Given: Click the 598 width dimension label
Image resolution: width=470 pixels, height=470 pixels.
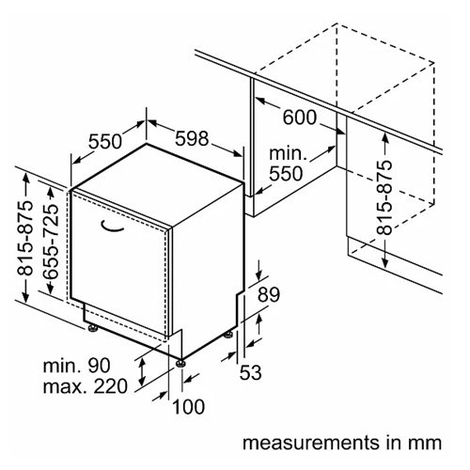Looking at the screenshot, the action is pos(192,138).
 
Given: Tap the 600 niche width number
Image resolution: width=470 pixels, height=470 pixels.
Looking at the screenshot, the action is pos(300,117).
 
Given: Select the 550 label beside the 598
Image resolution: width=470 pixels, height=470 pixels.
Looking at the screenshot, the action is pos(105,141).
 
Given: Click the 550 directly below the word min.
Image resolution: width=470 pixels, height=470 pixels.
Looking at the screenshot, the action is pos(286,174).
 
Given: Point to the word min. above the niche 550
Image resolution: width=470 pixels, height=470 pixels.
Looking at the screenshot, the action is pos(288,153).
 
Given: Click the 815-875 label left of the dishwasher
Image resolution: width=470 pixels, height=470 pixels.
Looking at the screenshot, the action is pos(24,238).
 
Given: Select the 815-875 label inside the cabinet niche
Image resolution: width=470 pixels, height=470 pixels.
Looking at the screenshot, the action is pos(384,197).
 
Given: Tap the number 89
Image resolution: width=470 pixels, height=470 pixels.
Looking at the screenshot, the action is pos(269,294).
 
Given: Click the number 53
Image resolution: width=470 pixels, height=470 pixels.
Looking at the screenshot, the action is pos(250,372).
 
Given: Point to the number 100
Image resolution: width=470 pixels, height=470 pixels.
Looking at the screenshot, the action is pos(189,407).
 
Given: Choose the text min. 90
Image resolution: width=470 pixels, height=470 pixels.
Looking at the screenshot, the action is pos(77,366).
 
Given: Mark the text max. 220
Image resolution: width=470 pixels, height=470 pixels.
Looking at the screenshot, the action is pos(86,386).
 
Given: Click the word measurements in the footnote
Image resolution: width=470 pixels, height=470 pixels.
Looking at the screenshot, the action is pos(311,443).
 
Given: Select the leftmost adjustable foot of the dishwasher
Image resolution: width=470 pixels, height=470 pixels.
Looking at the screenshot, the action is pos(93,328).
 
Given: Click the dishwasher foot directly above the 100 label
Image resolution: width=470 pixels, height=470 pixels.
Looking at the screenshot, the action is pos(180,364).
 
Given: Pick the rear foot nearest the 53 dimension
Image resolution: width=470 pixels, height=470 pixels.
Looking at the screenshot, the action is pos(228,335).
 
